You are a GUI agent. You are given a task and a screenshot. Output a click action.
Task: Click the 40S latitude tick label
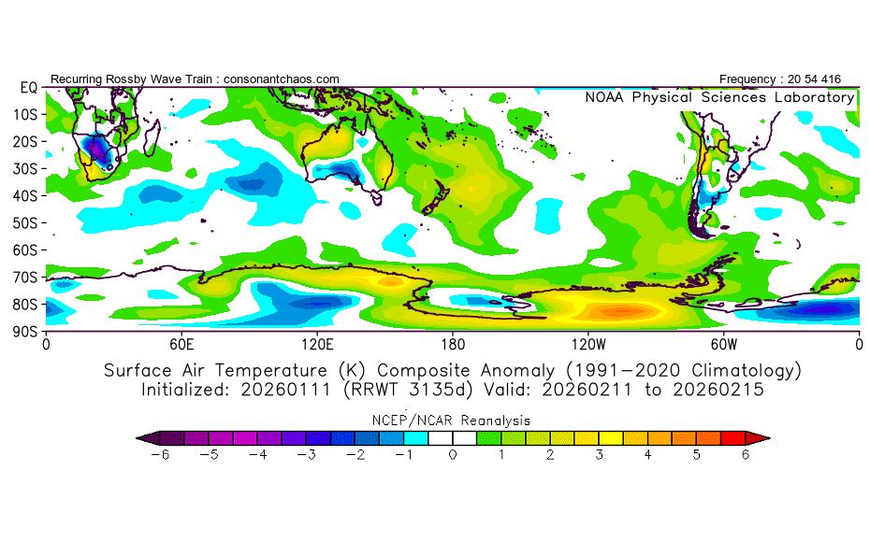coord(25,195)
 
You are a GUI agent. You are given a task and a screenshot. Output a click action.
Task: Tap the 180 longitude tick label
coord(453,343)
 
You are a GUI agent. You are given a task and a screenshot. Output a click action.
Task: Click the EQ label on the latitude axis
coord(28,87)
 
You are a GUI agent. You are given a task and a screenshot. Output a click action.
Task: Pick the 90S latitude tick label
coord(25,331)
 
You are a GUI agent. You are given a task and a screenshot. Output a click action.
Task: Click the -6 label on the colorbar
coord(160,455)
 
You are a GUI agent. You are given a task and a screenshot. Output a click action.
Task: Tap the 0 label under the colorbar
coord(453,455)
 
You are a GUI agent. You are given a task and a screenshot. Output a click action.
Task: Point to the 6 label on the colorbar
coord(746,455)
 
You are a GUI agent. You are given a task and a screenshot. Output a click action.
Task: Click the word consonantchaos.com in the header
coord(282,78)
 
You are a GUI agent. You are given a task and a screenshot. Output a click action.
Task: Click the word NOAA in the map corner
coord(605,97)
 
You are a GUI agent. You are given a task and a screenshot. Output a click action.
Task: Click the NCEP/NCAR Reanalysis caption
coord(453,421)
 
